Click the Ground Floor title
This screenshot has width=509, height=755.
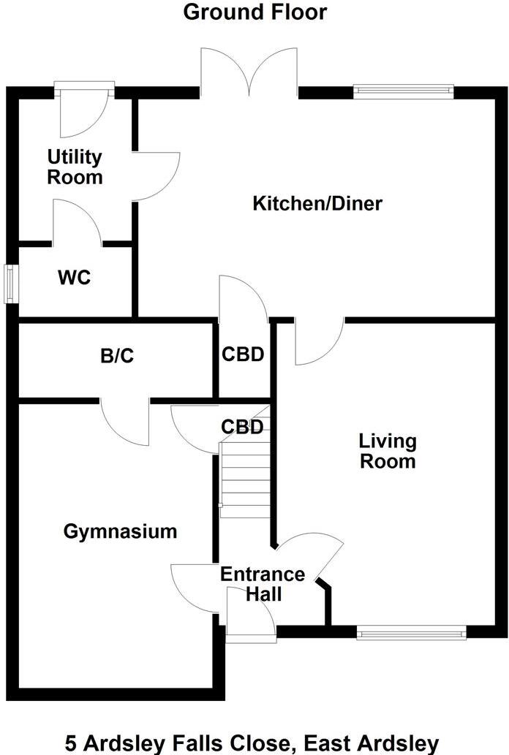click(254, 12)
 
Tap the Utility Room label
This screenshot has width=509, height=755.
click(75, 167)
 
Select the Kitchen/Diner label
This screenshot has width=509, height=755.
click(317, 203)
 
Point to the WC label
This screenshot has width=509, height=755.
click(74, 278)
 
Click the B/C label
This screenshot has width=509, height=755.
click(118, 357)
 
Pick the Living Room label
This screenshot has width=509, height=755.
click(387, 451)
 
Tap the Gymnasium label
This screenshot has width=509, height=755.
click(120, 531)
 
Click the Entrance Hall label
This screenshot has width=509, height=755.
click(263, 583)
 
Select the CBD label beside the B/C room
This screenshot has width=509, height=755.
click(243, 355)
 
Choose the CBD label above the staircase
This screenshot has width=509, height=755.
click(242, 427)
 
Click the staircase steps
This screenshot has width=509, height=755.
click(245, 479)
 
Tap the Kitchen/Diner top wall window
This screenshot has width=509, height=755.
click(403, 91)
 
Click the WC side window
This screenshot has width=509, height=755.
click(11, 284)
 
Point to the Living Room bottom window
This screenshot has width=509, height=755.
click(412, 632)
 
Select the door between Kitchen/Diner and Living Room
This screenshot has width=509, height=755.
click(319, 342)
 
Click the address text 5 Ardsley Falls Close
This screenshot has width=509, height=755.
click(252, 743)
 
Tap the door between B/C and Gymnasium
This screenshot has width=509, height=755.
click(126, 422)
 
